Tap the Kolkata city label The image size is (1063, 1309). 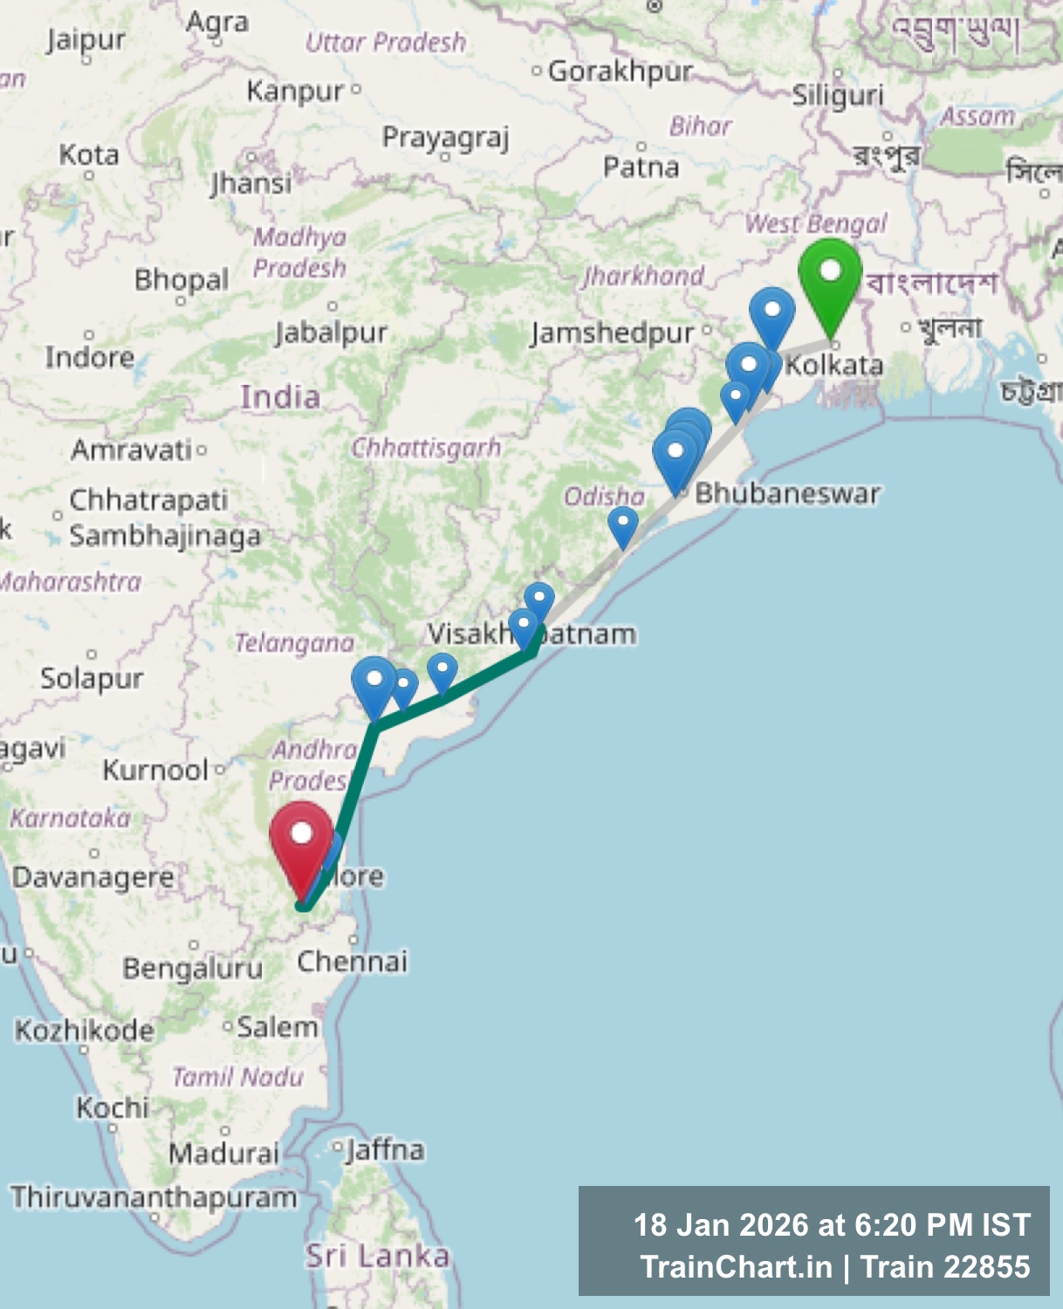pyautogui.click(x=834, y=364)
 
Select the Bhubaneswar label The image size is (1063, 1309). pyautogui.click(x=786, y=493)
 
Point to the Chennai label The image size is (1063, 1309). pyautogui.click(x=352, y=961)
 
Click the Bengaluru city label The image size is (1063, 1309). pyautogui.click(x=192, y=968)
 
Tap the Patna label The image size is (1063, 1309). pyautogui.click(x=641, y=167)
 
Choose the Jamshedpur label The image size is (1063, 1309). pyautogui.click(x=612, y=332)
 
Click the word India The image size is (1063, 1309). pyautogui.click(x=280, y=397)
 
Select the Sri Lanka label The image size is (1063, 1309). pyautogui.click(x=377, y=1256)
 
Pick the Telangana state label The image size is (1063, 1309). pyautogui.click(x=294, y=643)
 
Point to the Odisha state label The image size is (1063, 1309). pyautogui.click(x=604, y=497)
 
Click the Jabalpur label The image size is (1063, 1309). pyautogui.click(x=331, y=332)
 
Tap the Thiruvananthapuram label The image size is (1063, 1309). pyautogui.click(x=154, y=1196)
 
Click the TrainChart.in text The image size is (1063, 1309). pyautogui.click(x=736, y=1266)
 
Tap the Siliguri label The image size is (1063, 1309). pyautogui.click(x=837, y=94)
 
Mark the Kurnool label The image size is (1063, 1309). pyautogui.click(x=155, y=770)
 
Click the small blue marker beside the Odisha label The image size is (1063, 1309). pyautogui.click(x=622, y=526)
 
